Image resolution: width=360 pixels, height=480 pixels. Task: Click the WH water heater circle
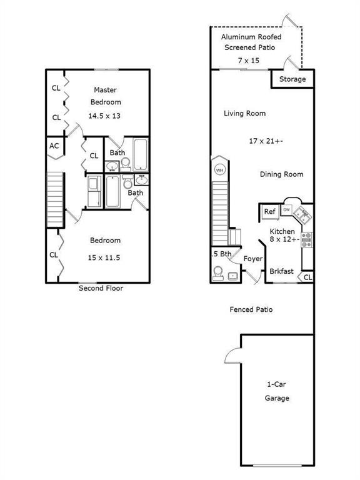219,170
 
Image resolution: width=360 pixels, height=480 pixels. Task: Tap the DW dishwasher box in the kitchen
286,210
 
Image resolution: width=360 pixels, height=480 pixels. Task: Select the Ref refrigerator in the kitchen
270,211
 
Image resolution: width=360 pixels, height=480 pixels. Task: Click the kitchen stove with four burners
307,240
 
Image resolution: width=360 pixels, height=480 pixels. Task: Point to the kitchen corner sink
302,214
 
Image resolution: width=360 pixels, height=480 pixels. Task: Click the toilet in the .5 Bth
218,273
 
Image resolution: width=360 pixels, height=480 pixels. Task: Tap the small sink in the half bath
233,276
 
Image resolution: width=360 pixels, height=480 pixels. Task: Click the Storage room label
292,79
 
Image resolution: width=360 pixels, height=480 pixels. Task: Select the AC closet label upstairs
54,146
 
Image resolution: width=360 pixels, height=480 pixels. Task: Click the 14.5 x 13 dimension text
104,116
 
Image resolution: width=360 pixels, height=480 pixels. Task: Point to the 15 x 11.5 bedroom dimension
104,257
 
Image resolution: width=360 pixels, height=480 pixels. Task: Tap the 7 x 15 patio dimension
249,61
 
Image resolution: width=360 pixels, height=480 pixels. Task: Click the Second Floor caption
101,288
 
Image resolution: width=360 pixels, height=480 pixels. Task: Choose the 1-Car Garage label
277,391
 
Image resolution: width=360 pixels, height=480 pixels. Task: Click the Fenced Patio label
251,309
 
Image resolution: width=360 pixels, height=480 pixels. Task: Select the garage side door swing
232,356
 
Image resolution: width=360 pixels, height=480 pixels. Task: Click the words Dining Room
282,174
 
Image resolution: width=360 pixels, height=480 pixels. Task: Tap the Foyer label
253,259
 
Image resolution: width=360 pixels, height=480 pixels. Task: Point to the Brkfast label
281,271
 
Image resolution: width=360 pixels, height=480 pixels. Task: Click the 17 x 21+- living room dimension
266,141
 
